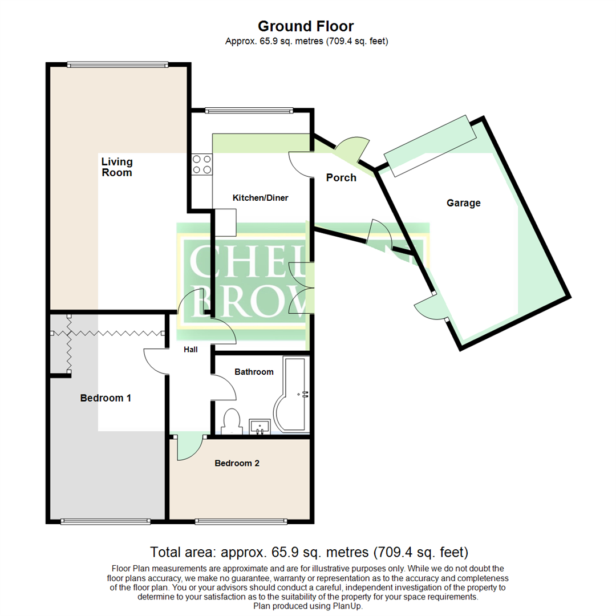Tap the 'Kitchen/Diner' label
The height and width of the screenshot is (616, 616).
[x=260, y=198]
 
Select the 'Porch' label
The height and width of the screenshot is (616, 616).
[x=341, y=177]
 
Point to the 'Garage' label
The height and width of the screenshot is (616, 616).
[x=463, y=202]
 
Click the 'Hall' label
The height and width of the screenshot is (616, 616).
[x=191, y=349]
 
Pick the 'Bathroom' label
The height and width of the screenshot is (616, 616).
[x=254, y=372]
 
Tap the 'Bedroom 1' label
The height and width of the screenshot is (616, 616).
[x=106, y=398]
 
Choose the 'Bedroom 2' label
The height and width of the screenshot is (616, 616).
[x=237, y=463]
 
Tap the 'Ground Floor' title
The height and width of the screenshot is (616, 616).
[x=306, y=26]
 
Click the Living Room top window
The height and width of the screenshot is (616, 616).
[x=117, y=64]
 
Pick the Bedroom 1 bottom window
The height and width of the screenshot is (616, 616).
[x=106, y=521]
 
